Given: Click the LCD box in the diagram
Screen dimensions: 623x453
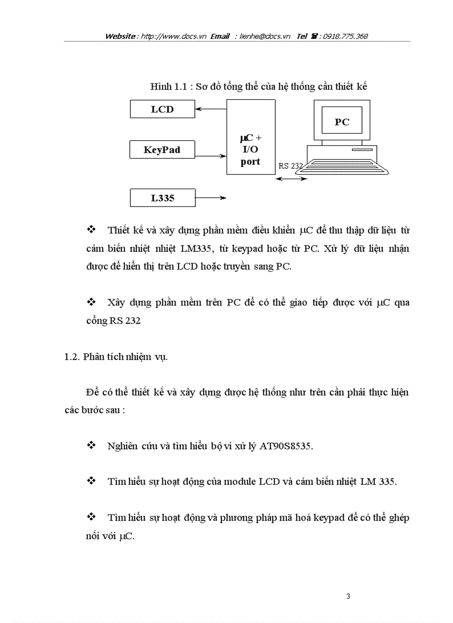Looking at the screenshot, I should (x=162, y=109).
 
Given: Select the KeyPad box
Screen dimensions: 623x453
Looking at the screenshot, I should (x=162, y=150).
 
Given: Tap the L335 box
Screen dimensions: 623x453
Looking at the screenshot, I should (x=162, y=198).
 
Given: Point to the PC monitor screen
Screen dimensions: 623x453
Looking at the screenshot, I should (x=342, y=121).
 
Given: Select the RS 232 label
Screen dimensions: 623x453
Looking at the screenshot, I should (x=291, y=165).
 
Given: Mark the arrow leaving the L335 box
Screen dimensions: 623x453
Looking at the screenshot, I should (x=211, y=197).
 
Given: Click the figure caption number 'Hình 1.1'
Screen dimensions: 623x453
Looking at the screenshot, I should (x=167, y=87).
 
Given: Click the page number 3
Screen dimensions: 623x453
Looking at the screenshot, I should (x=348, y=597).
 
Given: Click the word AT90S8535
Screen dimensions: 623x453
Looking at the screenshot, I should (x=286, y=447).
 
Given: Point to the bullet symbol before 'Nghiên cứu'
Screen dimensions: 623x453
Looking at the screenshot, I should (x=92, y=445).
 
